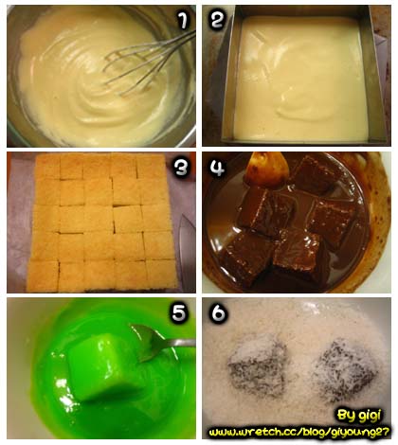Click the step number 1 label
pyautogui.click(x=182, y=20)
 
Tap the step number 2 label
pyautogui.click(x=217, y=19)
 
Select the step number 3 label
pyautogui.click(x=181, y=168)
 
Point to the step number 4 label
pyautogui.click(x=217, y=167)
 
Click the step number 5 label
pyautogui.click(x=179, y=312)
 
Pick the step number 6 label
pyautogui.click(x=219, y=312)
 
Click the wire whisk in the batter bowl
pyautogui.click(x=150, y=62)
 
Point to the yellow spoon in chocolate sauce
pyautogui.click(x=268, y=169)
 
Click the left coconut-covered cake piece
pyautogui.click(x=258, y=368)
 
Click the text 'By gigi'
pyautogui.click(x=359, y=415)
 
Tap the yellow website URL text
pyautogui.click(x=298, y=432)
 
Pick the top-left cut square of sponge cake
pyautogui.click(x=47, y=167)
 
